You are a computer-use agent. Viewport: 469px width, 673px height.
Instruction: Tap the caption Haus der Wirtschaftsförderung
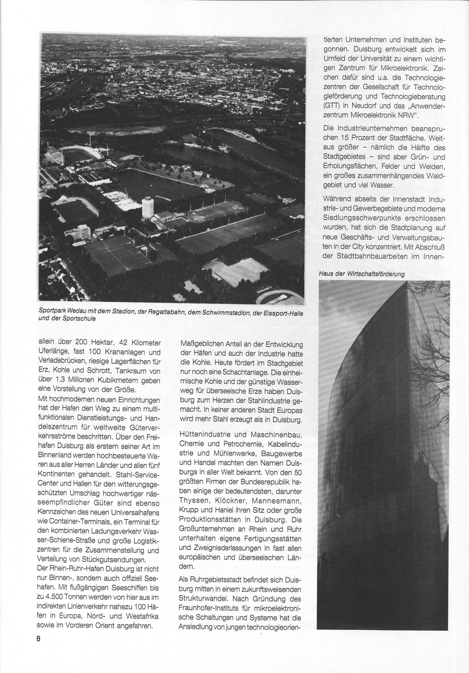[361, 274]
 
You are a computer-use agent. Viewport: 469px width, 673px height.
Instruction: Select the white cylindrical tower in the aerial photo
[148, 209]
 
